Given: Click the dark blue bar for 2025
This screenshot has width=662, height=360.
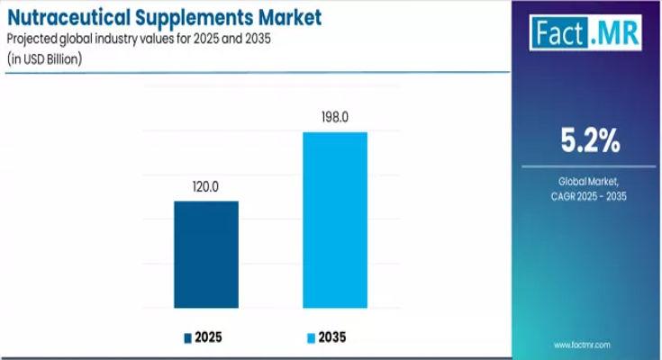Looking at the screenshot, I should pos(206,255).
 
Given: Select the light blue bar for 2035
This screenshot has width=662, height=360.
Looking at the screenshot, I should pos(335,220).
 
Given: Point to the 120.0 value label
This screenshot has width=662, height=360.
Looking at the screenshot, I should pos(206,187).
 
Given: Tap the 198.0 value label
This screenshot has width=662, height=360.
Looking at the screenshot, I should pos(335,118).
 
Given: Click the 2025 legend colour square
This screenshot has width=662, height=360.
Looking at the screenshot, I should pos(188,337).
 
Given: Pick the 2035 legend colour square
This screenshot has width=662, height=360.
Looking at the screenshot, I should pos(313,337).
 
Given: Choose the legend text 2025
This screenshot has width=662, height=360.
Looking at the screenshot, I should pos(208,337).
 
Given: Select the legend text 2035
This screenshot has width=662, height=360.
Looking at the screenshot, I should pos(333,337).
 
